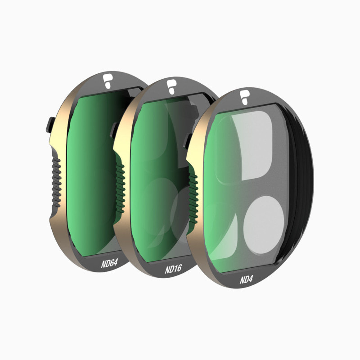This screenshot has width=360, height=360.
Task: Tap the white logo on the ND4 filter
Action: pyautogui.click(x=244, y=98)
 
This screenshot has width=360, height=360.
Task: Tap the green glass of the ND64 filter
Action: pyautogui.click(x=90, y=171)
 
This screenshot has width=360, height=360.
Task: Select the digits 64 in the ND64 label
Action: pyautogui.click(x=113, y=261)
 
